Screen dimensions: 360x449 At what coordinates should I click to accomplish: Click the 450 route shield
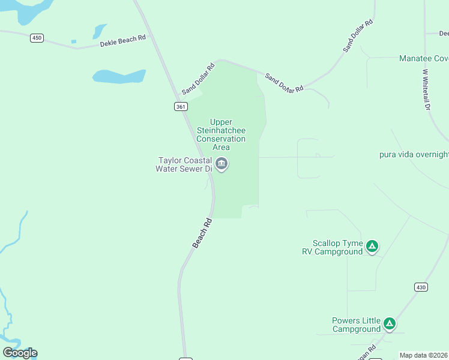[x=37, y=38]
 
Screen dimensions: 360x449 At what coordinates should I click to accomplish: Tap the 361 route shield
[x=181, y=106]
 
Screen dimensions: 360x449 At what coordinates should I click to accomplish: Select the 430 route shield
[x=421, y=287]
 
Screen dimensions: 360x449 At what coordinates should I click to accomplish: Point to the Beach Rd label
[x=202, y=233]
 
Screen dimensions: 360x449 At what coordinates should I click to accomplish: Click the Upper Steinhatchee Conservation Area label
[x=221, y=134]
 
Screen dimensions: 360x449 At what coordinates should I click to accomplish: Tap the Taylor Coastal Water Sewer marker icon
[x=221, y=164]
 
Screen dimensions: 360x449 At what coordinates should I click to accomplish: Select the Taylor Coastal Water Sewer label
[x=184, y=164]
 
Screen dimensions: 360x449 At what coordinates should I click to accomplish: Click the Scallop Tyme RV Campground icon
[x=372, y=246]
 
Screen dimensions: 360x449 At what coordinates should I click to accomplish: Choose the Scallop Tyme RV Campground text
[x=333, y=247]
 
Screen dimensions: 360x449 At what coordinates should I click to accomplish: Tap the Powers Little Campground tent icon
[x=390, y=325]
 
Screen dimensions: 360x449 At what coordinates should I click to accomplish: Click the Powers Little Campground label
[x=357, y=325]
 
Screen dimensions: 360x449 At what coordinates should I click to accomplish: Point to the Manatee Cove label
[x=424, y=59]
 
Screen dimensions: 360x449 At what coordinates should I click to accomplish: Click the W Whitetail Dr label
[x=426, y=89]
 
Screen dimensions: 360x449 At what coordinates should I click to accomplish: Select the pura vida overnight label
[x=414, y=154]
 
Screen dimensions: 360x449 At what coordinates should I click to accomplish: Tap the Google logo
[x=20, y=353]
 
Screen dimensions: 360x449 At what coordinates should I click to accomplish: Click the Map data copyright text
[x=424, y=355]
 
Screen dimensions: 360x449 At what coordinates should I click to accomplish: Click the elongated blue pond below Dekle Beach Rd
[x=119, y=76]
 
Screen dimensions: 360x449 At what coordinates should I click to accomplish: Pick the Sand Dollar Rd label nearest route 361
[x=198, y=79]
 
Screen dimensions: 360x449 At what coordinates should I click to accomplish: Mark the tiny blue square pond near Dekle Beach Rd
[x=74, y=41]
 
